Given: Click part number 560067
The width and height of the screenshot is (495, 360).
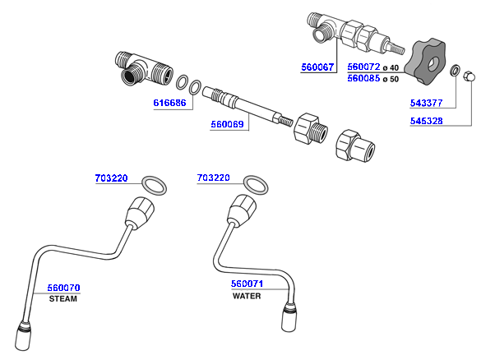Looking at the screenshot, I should tap(317, 67).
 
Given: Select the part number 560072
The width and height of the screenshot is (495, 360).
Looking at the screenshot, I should tap(363, 67).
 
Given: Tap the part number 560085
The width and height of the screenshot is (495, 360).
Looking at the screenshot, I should tap(363, 80).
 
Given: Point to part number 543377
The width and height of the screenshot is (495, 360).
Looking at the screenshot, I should tap(427, 104).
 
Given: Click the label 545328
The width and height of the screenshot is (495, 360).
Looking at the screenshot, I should tap(427, 121).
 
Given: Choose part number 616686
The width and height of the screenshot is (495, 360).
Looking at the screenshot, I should tap(170, 104).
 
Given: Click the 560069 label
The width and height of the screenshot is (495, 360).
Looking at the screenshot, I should tap(226, 125).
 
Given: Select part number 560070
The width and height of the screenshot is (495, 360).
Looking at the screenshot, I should tap(63, 288).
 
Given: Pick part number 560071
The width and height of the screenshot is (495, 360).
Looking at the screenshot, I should tap(247, 284).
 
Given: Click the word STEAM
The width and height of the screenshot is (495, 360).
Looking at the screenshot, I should tap(63, 299).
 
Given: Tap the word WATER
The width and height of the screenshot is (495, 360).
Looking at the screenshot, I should tap(247, 296).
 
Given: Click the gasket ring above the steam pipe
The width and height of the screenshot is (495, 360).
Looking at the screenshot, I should tap(154, 184).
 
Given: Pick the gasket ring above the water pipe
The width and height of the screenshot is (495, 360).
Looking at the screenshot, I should tap(257, 184).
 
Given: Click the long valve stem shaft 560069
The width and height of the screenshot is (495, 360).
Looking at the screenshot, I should tap(247, 105).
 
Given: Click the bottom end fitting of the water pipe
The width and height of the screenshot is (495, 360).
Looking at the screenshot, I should tap(292, 316).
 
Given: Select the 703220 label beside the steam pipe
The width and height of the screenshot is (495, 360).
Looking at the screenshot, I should tap(111, 178).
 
